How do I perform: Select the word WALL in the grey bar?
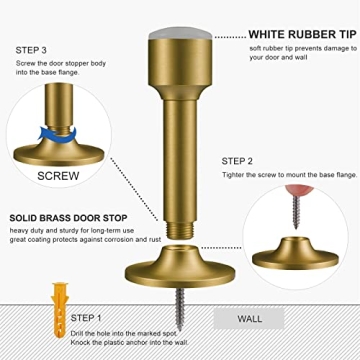pos(252,320)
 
